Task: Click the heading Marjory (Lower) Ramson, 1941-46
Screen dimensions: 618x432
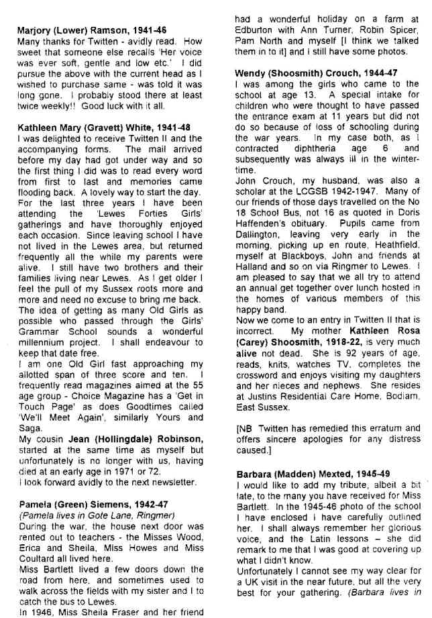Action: tap(91, 30)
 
